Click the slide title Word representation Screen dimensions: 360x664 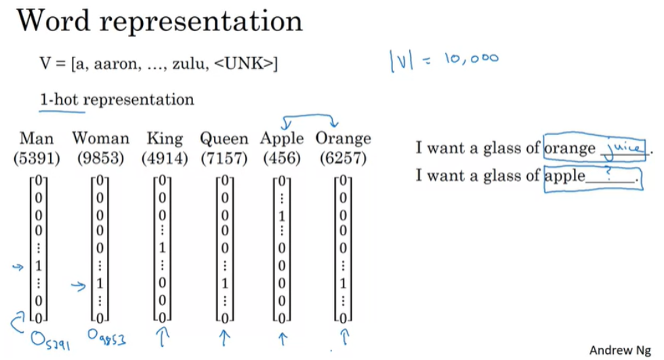pyautogui.click(x=160, y=21)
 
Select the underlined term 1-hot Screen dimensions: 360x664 pyautogui.click(x=59, y=100)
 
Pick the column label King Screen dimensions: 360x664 pyautogui.click(x=165, y=138)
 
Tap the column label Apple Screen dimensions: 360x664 pyautogui.click(x=282, y=138)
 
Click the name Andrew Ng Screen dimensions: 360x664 pyautogui.click(x=619, y=350)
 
